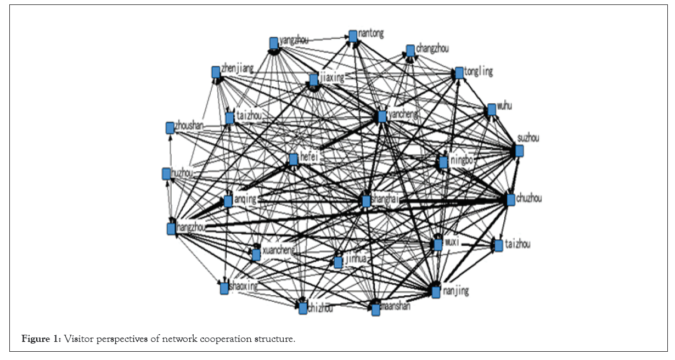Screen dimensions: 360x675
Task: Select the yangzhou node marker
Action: [x=274, y=43]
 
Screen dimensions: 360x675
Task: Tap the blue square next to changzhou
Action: [x=410, y=50]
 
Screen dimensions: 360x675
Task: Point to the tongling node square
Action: [x=459, y=73]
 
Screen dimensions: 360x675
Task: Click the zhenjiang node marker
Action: [x=216, y=72]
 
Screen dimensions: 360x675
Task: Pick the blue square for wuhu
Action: [x=492, y=110]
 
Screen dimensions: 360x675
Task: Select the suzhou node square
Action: [x=519, y=150]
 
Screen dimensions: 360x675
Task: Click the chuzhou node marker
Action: [x=510, y=200]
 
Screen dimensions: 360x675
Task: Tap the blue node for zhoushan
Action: [x=170, y=128]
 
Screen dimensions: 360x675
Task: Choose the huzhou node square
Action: [x=166, y=174]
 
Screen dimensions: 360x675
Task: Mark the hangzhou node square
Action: [x=171, y=228]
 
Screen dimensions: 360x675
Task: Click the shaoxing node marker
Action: [x=224, y=288]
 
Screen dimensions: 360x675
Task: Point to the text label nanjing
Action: [x=455, y=291]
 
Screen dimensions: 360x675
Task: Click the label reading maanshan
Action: [x=396, y=306]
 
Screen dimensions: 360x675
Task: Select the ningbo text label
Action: [x=462, y=161]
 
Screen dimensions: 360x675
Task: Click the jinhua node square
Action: [x=338, y=262]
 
